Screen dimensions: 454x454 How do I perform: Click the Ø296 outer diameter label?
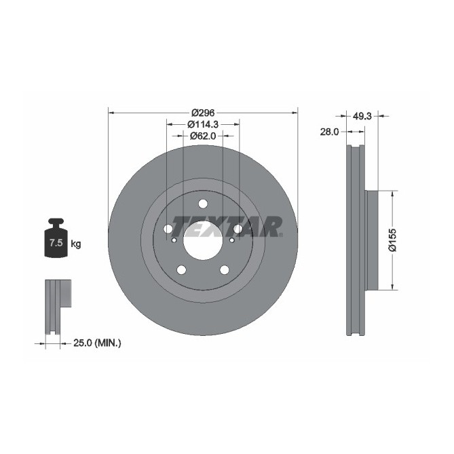point(203,113)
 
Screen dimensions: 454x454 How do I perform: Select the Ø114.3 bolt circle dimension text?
point(203,124)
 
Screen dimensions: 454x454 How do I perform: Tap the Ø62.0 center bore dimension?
point(203,136)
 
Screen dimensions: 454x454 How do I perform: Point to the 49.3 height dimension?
point(363,116)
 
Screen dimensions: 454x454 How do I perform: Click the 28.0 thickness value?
point(329,132)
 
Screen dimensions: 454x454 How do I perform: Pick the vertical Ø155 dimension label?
point(392,240)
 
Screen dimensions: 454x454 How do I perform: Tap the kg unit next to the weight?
point(76,244)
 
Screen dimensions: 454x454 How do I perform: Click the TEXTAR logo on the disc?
point(226,227)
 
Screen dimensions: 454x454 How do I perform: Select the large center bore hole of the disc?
point(203,240)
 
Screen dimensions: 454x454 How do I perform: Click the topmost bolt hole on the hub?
point(203,204)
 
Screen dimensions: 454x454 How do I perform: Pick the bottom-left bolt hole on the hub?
point(181,270)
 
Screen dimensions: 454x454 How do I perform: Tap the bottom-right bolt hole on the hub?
point(225,270)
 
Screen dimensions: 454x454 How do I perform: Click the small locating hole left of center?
point(174,240)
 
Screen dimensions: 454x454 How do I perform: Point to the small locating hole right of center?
point(231,240)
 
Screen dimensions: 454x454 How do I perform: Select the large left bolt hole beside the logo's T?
point(168,229)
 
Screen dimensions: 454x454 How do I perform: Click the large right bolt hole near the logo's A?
point(238,229)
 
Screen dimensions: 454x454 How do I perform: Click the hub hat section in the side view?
point(369,240)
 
